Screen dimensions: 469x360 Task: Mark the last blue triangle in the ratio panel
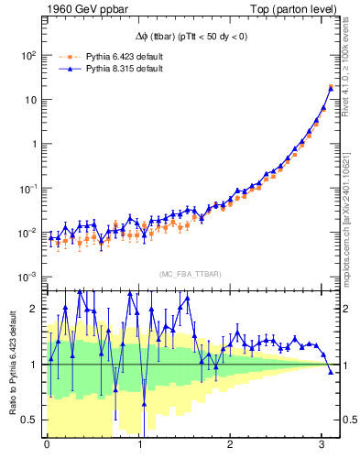click(331, 371)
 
